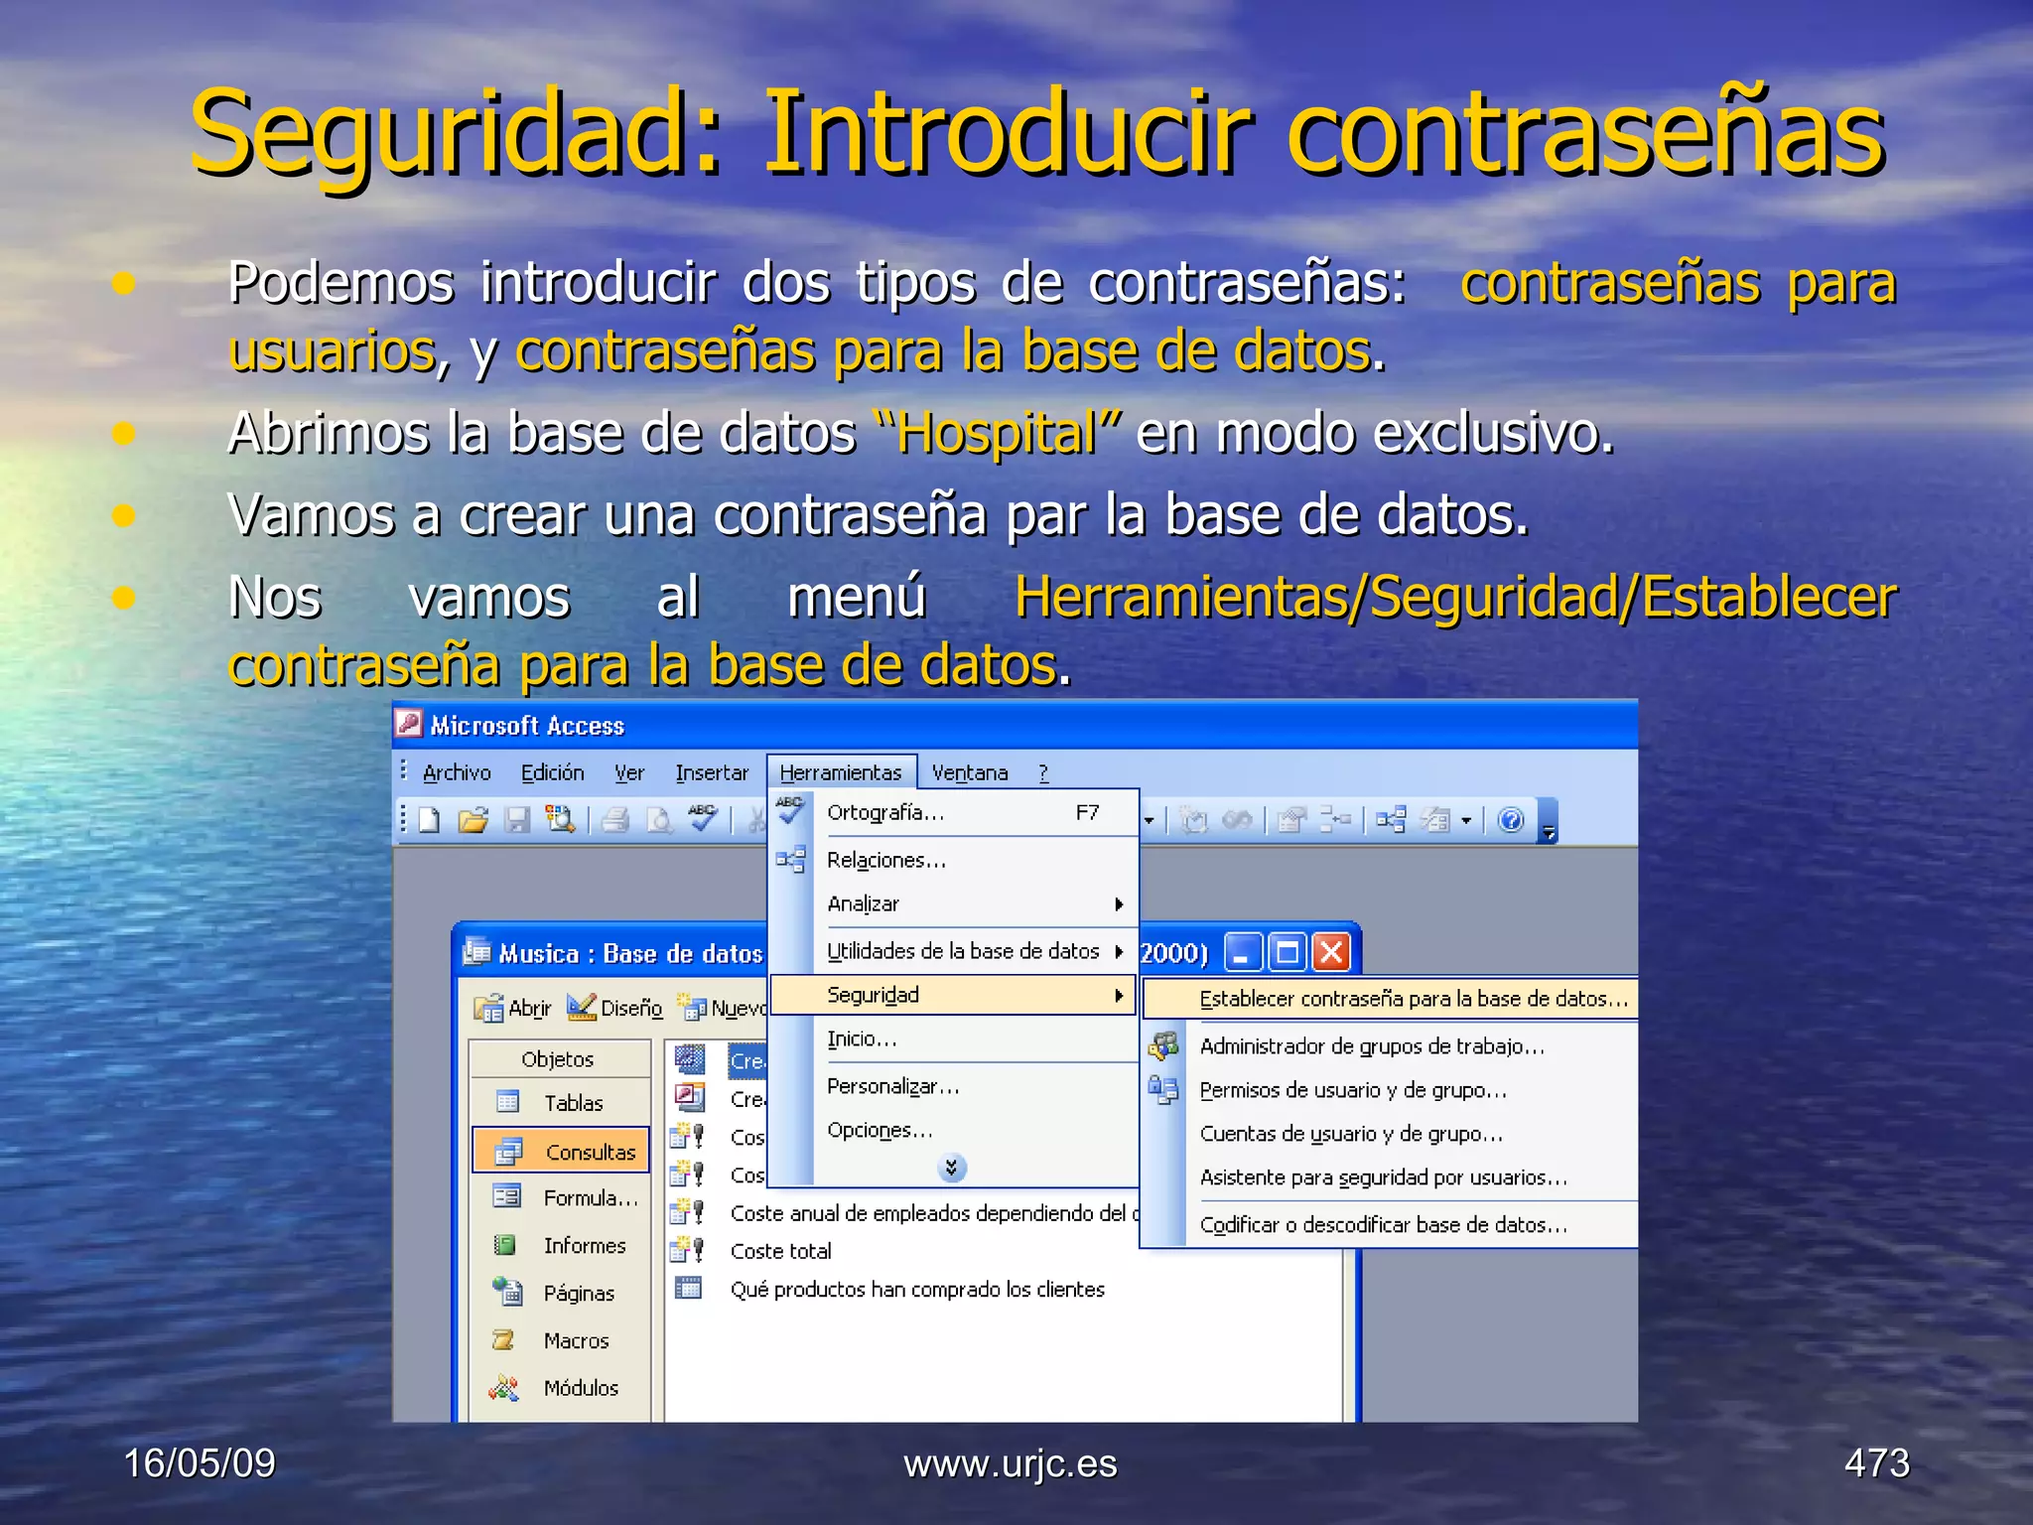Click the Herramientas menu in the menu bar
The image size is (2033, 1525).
[840, 772]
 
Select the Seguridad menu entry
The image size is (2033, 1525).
[874, 995]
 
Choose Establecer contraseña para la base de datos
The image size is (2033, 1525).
[1413, 999]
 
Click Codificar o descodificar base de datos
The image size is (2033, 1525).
[1383, 1225]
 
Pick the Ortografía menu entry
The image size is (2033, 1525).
[885, 813]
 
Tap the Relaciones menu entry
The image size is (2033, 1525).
[886, 860]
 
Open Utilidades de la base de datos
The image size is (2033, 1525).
[963, 951]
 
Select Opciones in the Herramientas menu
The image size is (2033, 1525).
[880, 1131]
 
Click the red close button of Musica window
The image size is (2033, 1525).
[1330, 953]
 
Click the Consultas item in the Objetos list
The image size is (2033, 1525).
[590, 1152]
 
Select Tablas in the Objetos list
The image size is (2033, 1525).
[573, 1103]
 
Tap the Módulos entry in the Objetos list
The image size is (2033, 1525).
[581, 1388]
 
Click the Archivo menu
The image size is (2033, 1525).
[457, 772]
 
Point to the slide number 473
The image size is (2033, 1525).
[1876, 1463]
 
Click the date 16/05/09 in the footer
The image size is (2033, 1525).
[200, 1463]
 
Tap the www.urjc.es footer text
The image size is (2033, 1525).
[1011, 1463]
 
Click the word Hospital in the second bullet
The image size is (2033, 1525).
[997, 434]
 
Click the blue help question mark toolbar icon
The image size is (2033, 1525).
[1510, 820]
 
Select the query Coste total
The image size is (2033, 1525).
[781, 1251]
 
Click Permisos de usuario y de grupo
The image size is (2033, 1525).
[1353, 1090]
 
